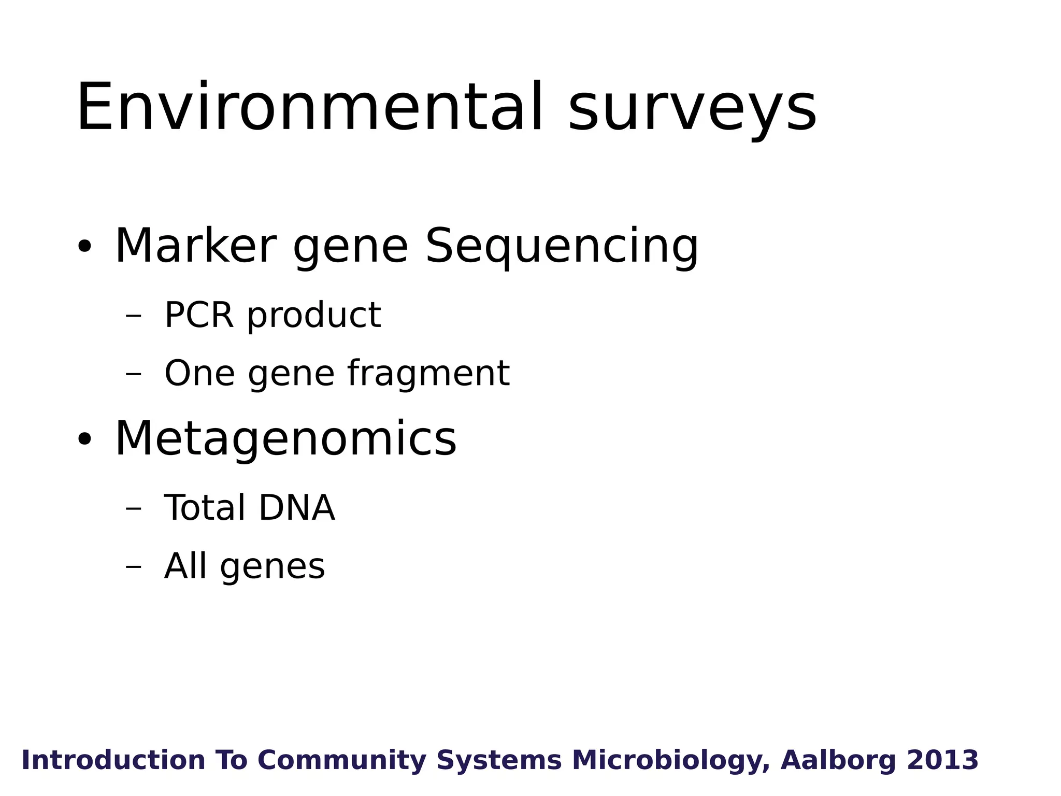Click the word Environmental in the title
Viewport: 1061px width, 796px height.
(x=310, y=108)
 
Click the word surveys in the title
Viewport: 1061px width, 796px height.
(x=692, y=110)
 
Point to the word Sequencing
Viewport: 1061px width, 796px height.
(x=562, y=247)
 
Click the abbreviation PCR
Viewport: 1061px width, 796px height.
(x=199, y=315)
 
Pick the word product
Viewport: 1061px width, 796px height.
(x=314, y=316)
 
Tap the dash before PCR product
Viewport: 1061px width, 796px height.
(x=133, y=316)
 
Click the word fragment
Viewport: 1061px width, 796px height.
(x=428, y=373)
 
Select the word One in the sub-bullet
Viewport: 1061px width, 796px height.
(x=199, y=373)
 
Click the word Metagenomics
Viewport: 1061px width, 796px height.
(x=285, y=439)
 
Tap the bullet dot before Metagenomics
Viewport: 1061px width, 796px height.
(x=84, y=439)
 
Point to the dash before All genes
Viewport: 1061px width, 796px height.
(x=133, y=566)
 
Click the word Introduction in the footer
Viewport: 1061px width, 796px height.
(x=113, y=760)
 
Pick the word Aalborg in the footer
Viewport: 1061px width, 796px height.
(x=838, y=760)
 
